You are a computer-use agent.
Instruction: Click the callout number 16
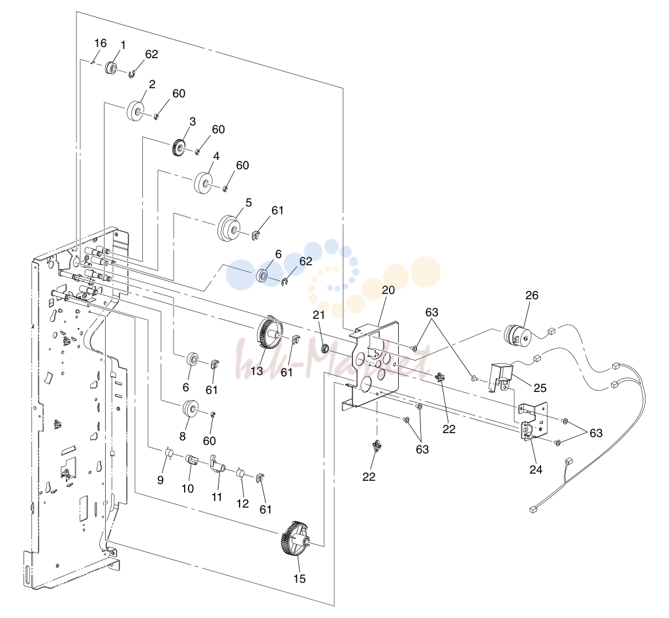(101, 44)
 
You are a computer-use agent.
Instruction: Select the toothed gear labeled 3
(178, 148)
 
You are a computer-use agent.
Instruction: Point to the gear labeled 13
(270, 333)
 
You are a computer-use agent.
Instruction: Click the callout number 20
(388, 291)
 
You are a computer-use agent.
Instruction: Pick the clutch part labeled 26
(518, 336)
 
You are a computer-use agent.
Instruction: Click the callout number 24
(536, 469)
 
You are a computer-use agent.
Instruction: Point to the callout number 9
(161, 480)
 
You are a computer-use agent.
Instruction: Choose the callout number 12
(242, 504)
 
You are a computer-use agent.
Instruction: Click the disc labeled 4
(203, 182)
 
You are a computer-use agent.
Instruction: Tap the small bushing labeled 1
(111, 67)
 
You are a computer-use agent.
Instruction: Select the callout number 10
(188, 489)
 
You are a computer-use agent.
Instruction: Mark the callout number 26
(532, 295)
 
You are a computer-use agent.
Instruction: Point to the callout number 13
(257, 370)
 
